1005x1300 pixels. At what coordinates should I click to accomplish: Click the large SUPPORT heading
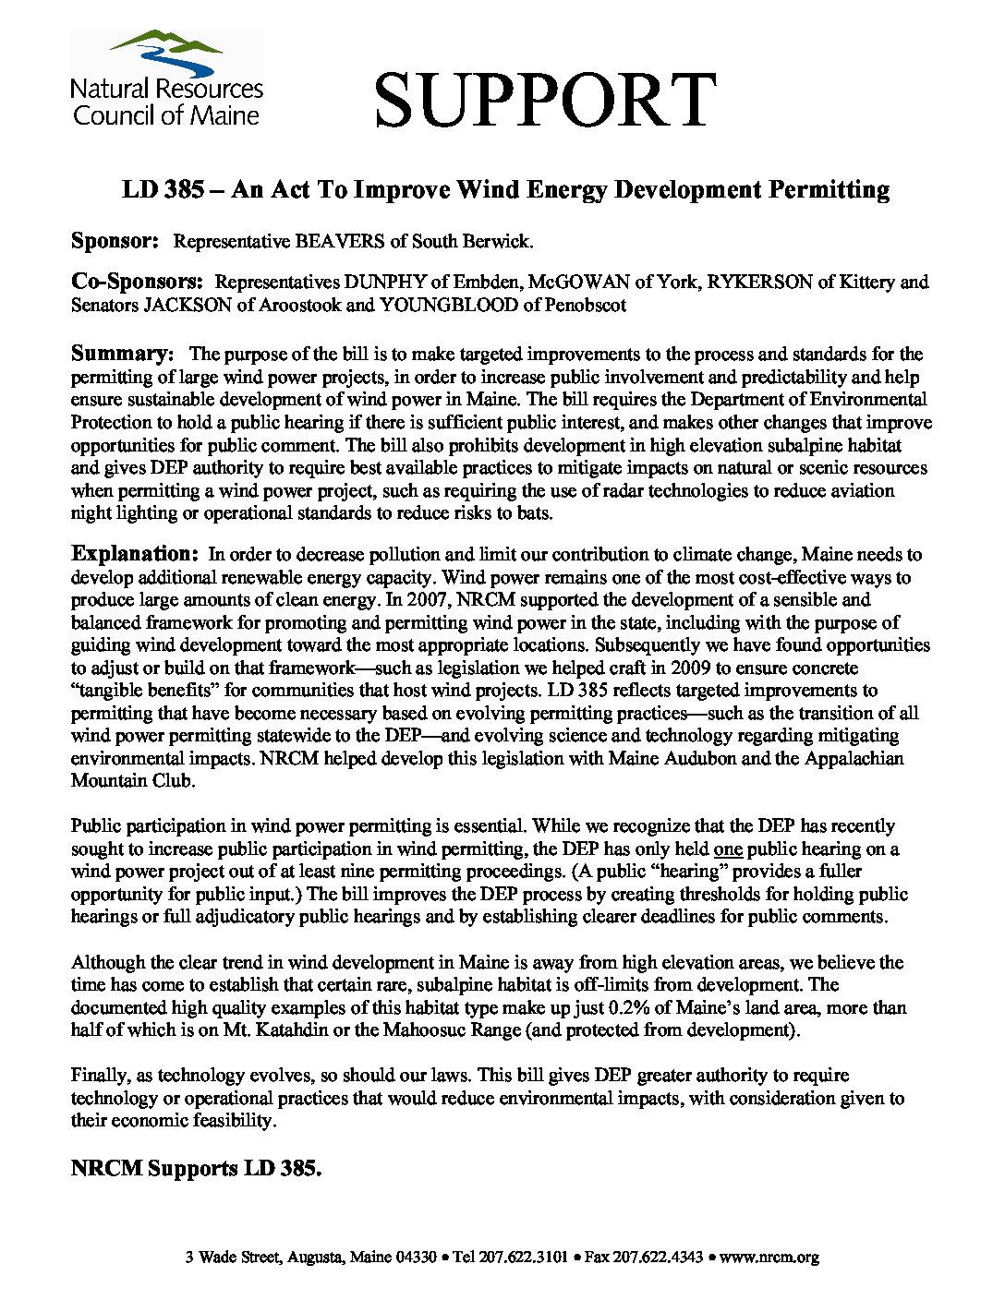[x=545, y=100]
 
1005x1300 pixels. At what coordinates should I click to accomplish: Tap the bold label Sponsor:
[x=115, y=241]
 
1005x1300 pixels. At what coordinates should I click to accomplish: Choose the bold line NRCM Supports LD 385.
[x=196, y=1168]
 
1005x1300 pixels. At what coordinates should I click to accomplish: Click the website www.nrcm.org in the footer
[x=769, y=1257]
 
